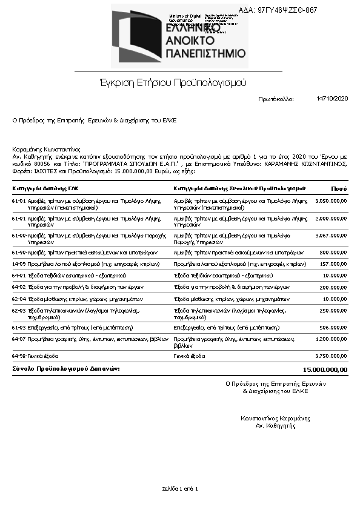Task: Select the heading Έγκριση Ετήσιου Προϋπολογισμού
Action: coord(173,82)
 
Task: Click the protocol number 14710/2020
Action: coord(332,98)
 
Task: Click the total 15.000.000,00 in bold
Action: coord(325,369)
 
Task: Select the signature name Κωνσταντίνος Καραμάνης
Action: coord(275,418)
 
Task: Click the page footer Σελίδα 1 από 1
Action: coord(180,488)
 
